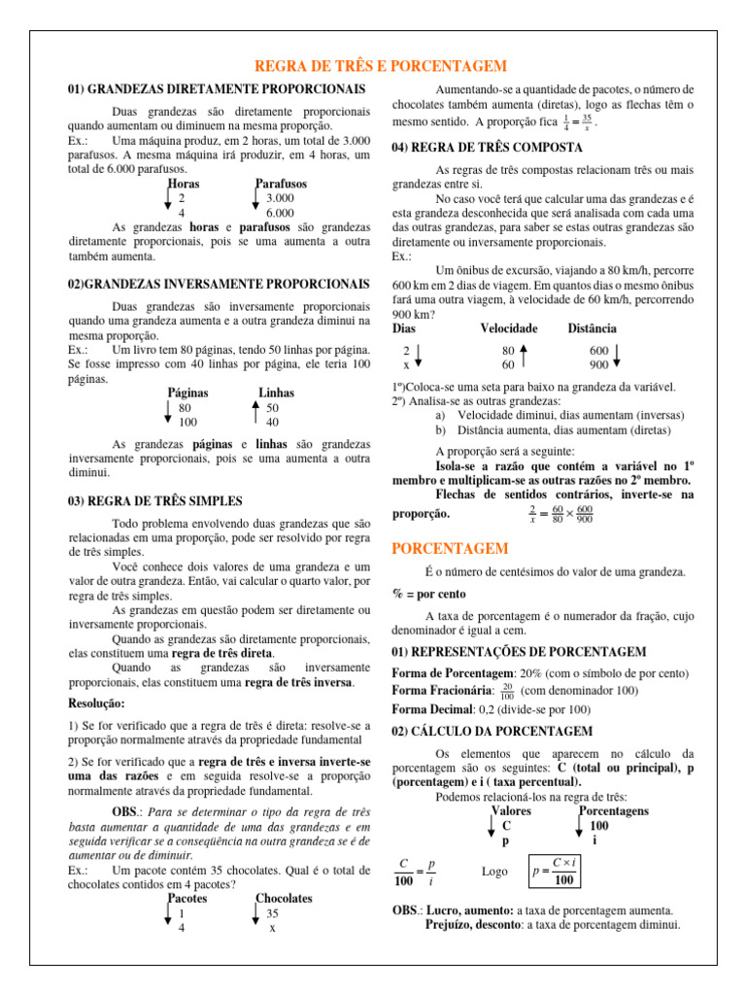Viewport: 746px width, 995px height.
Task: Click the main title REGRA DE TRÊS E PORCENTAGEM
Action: [x=380, y=65]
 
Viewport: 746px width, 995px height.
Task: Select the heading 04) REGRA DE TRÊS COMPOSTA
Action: [x=487, y=148]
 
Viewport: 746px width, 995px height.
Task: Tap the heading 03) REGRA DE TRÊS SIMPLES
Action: [x=155, y=501]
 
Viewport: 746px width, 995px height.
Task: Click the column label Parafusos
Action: [x=281, y=183]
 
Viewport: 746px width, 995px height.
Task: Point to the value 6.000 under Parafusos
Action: [x=280, y=213]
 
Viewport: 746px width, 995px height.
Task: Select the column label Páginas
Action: [x=188, y=394]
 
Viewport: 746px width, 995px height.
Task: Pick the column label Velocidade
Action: [x=509, y=329]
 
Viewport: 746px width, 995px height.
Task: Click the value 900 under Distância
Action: [x=599, y=365]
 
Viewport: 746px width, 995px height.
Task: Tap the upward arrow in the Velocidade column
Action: [x=524, y=358]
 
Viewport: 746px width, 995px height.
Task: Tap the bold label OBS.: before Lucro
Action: [x=406, y=910]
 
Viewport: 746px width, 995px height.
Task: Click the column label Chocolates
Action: [x=284, y=899]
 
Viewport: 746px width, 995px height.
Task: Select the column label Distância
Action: [x=592, y=329]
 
